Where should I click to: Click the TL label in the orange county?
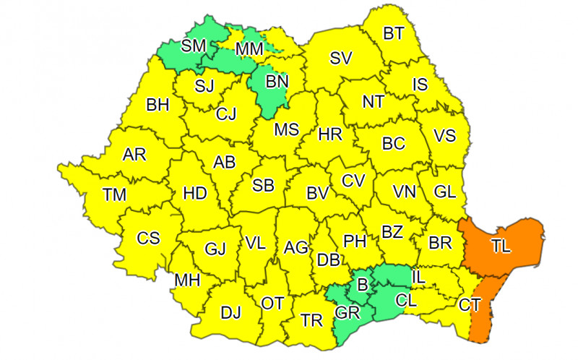coord(501,247)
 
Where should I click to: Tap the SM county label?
coord(194,46)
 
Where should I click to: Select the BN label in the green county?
coord(276,82)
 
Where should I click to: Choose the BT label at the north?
coord(393,33)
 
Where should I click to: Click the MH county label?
coord(188,280)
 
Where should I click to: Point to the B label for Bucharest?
coord(363,283)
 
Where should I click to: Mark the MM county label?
coord(249,48)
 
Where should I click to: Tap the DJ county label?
coord(230,313)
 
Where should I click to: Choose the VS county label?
coord(446,134)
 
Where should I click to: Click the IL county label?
coord(419,275)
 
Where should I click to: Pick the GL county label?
coord(445,192)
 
